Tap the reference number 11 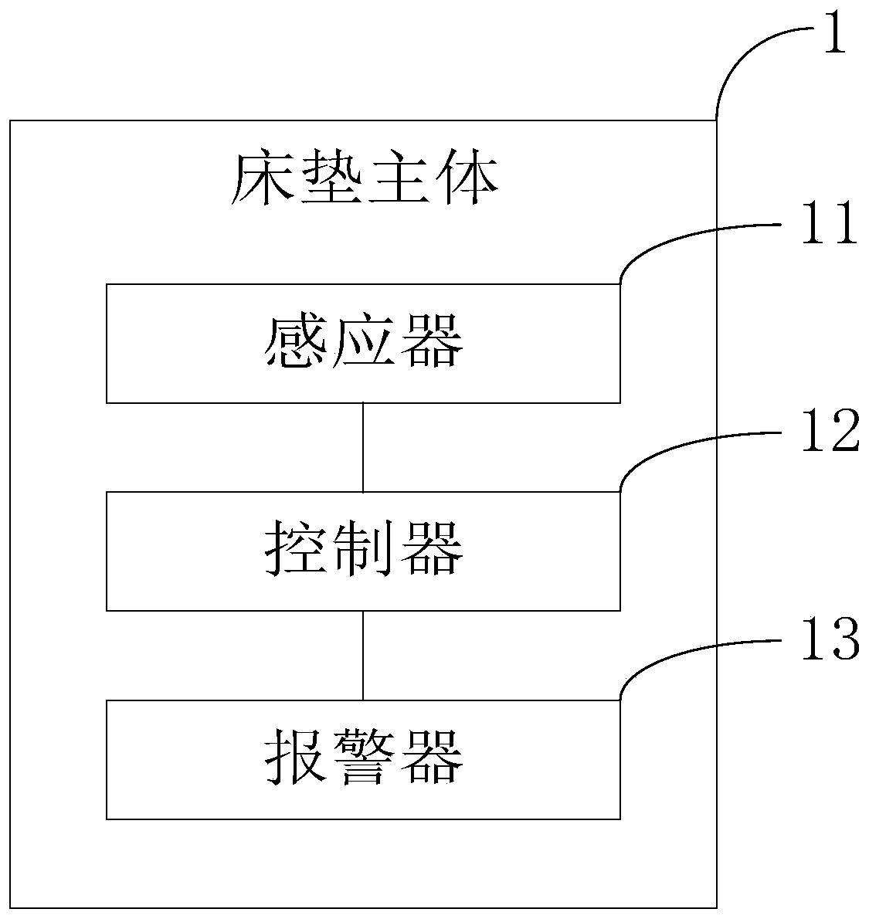click(829, 224)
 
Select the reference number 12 click(829, 432)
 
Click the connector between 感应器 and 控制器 click(363, 447)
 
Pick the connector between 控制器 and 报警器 click(363, 655)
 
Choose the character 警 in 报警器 click(363, 758)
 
